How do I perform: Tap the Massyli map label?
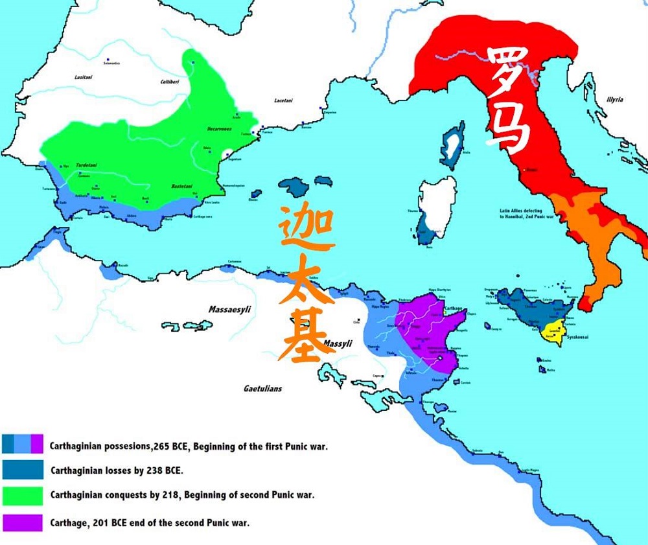(338, 343)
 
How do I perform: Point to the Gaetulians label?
(262, 388)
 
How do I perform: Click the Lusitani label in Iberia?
(84, 76)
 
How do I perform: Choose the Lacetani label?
(283, 100)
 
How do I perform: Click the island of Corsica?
(452, 145)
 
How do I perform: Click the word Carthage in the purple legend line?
(72, 522)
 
